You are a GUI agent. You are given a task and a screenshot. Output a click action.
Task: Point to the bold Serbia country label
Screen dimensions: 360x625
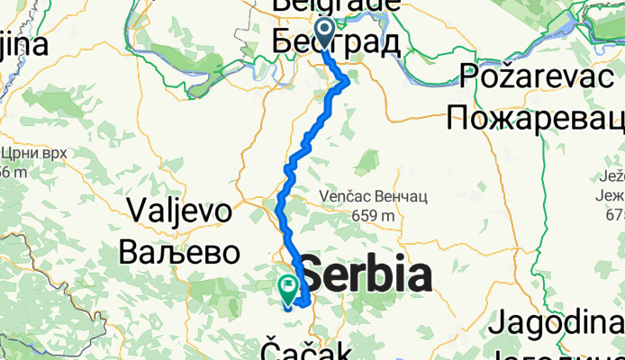(x=365, y=274)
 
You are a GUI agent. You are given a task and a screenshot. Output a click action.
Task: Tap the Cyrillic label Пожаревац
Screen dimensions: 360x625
(x=536, y=117)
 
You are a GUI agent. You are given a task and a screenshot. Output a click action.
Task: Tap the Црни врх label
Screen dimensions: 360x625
(x=34, y=153)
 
